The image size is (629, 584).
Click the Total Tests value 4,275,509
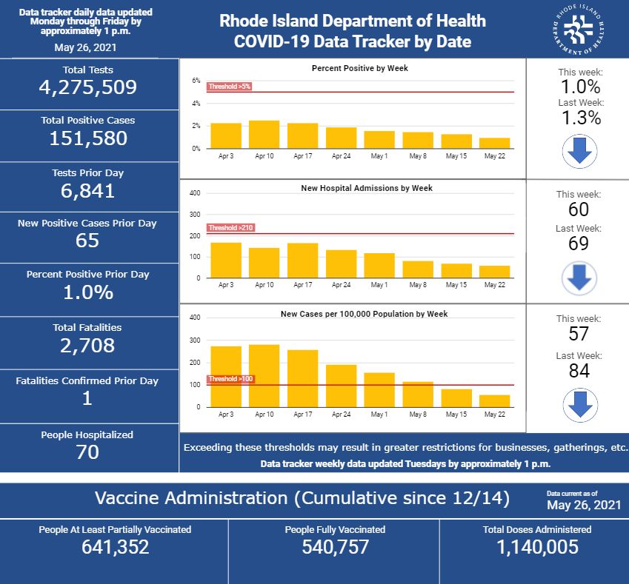coord(88,87)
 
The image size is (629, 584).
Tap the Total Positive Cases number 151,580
coord(88,138)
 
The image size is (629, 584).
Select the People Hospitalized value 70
coord(88,452)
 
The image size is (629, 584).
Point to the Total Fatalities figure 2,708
coord(88,345)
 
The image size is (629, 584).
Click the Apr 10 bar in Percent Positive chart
coord(264,135)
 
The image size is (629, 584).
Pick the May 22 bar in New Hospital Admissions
coord(494,272)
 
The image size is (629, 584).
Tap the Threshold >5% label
coord(230,87)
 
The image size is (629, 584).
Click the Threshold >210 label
coord(231,228)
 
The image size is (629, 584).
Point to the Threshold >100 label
coord(231,379)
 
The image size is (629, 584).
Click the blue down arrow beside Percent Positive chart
coord(579,150)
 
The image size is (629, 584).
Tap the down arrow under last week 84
coord(579,406)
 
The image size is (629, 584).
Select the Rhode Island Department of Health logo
coord(582,30)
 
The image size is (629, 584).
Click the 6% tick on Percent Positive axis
coord(196,81)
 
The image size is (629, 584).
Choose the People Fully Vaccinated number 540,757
coord(335,547)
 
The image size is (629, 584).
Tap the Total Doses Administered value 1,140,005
coord(536,547)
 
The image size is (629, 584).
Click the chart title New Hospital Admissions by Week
coord(366,188)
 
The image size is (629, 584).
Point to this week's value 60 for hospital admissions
coord(579,210)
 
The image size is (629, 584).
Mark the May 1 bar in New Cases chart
coord(379,389)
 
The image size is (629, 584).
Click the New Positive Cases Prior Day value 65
coord(88,241)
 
